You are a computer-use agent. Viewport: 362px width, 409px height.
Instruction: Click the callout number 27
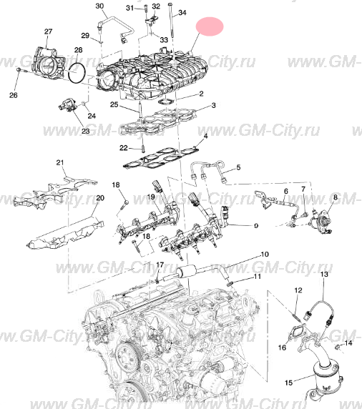[x=48, y=31]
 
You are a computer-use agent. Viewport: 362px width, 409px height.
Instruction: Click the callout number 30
[x=100, y=6]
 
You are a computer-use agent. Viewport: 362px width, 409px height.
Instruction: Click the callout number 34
[x=181, y=13]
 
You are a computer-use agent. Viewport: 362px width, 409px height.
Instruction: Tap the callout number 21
[x=61, y=162]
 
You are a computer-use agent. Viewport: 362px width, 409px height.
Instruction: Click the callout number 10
[x=264, y=254]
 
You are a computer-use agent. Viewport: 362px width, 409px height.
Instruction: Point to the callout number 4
[x=206, y=135]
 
